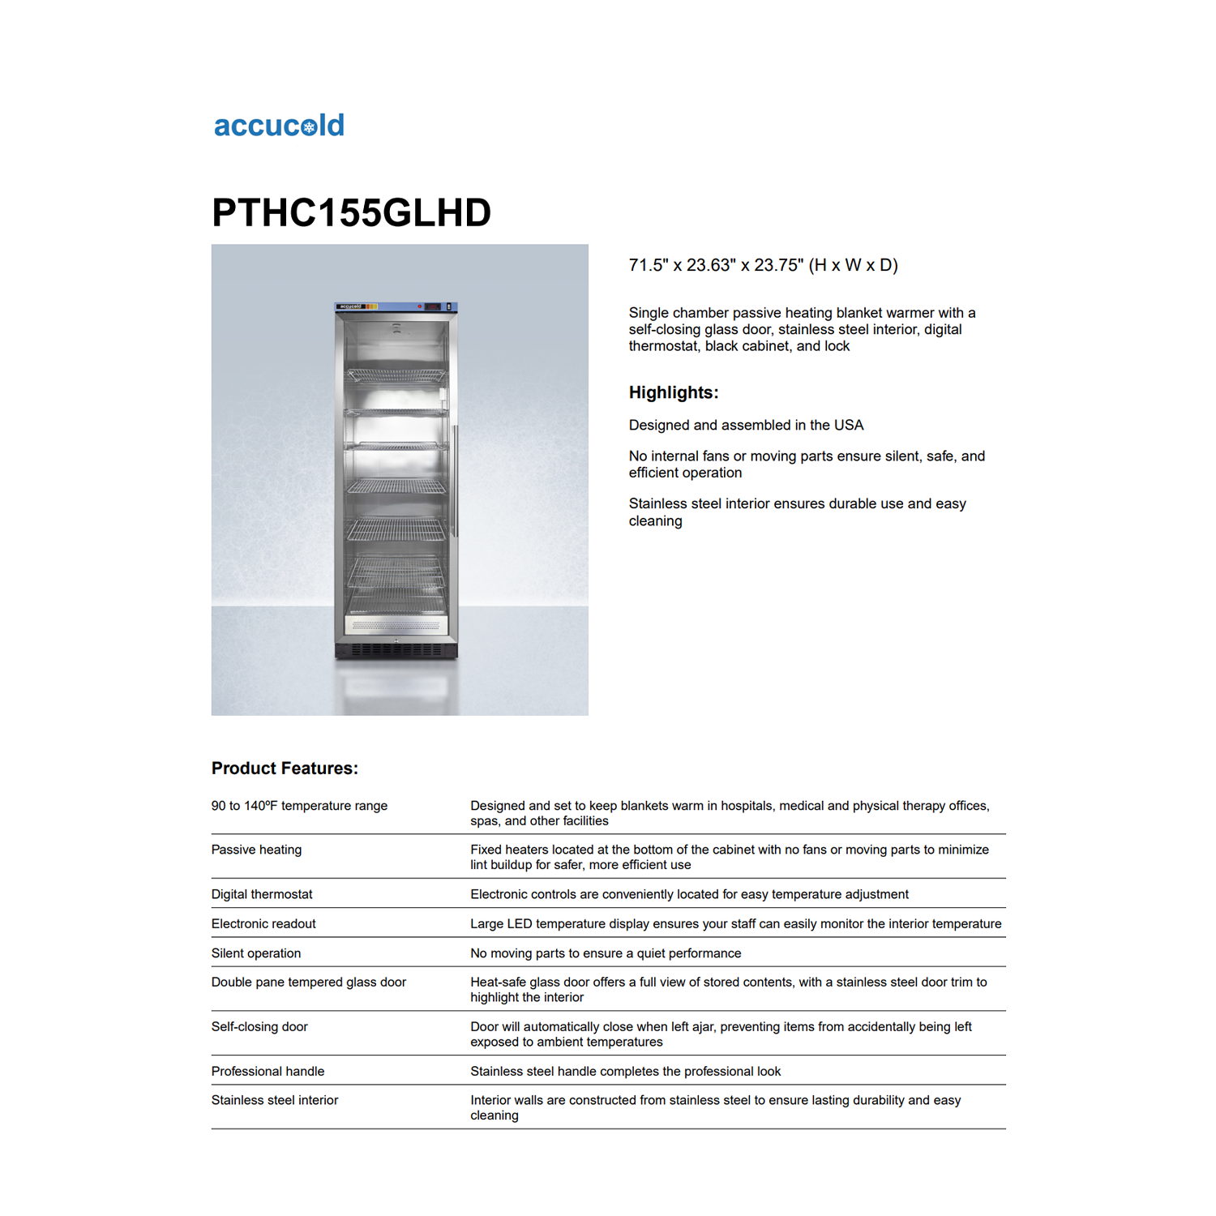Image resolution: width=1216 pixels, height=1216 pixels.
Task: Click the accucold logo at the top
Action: tap(279, 126)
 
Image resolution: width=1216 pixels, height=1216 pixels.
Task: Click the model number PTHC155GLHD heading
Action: tap(351, 212)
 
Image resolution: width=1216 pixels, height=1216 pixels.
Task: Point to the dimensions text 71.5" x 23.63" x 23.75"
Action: tap(763, 265)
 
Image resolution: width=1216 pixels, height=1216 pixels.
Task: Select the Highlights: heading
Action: tap(674, 392)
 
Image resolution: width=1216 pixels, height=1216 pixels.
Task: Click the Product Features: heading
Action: tap(285, 768)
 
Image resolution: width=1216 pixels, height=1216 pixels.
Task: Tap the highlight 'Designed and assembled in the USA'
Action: tap(746, 425)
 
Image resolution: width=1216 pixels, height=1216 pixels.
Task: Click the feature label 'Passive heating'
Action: tap(256, 850)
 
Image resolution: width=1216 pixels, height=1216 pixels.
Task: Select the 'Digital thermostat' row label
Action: tap(262, 894)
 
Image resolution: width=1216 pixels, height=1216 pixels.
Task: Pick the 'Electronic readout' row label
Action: tap(263, 923)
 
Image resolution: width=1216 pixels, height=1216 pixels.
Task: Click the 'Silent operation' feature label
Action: tap(256, 953)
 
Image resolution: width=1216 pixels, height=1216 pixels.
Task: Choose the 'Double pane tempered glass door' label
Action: tap(309, 982)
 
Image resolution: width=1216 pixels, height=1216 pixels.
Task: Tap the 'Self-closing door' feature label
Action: tap(259, 1026)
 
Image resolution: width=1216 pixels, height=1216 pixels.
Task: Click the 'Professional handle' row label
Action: tap(268, 1071)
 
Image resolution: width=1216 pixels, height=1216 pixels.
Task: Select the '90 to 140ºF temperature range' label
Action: tap(299, 806)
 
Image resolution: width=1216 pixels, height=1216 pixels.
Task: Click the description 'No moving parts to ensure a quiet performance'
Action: tap(606, 953)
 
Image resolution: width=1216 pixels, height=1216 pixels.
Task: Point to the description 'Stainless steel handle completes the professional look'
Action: tap(625, 1071)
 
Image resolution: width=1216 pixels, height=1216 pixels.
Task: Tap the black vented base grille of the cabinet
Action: tap(396, 650)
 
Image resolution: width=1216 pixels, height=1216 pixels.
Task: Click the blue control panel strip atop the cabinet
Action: tap(396, 306)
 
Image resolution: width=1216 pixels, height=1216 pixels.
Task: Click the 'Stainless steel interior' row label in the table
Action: tap(275, 1100)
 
